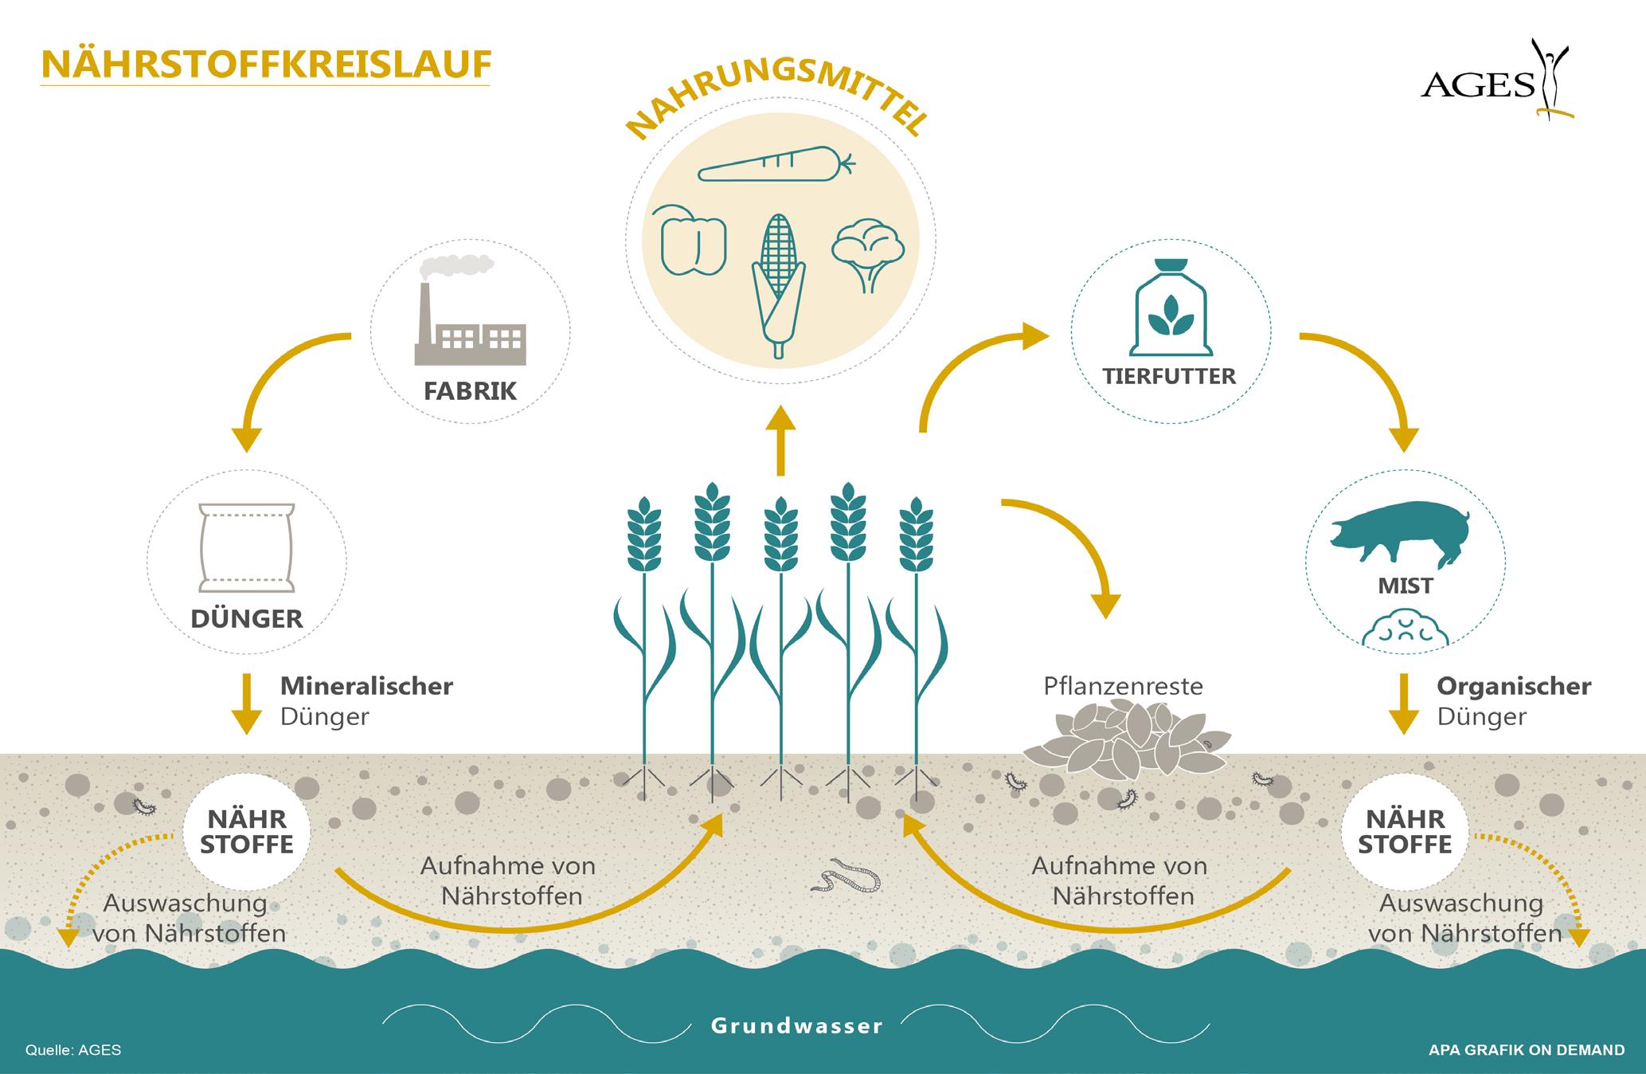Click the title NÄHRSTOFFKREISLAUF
pyautogui.click(x=265, y=65)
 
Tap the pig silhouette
pyautogui.click(x=1399, y=531)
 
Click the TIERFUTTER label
pyautogui.click(x=1169, y=376)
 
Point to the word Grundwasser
pyautogui.click(x=797, y=1025)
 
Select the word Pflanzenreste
pyautogui.click(x=1123, y=685)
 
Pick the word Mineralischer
pyautogui.click(x=366, y=685)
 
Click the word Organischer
pyautogui.click(x=1514, y=685)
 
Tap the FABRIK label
pyautogui.click(x=470, y=391)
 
